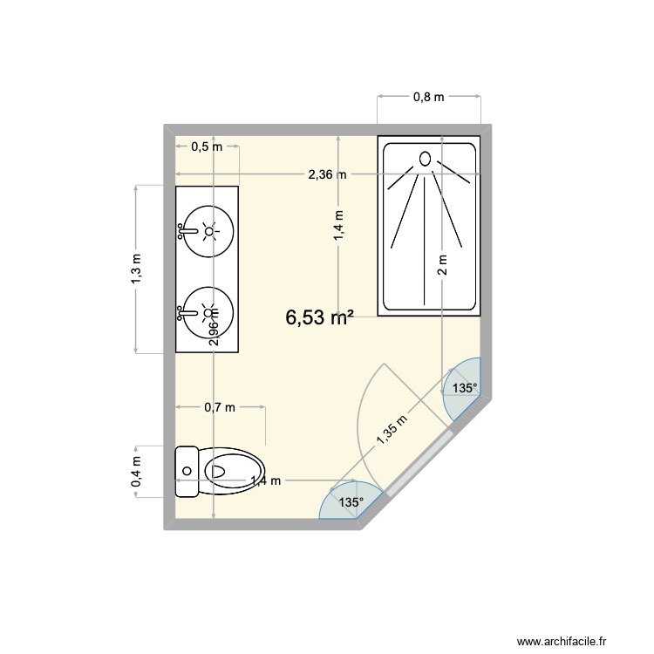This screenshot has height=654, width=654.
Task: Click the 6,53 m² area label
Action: (319, 319)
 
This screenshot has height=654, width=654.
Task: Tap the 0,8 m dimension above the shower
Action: (428, 98)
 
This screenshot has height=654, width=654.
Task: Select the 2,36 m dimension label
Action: (327, 174)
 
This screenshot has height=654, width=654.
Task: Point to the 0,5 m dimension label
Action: (207, 146)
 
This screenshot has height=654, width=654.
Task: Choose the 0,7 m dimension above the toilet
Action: (220, 406)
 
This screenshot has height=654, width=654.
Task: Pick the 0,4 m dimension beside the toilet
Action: (137, 473)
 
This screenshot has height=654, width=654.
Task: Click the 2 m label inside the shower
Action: (442, 264)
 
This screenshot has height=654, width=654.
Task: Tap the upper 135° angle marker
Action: (464, 389)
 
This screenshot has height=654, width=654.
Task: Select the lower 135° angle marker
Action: (351, 502)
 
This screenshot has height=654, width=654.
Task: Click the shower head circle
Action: (426, 159)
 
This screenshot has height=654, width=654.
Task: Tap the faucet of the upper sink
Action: (185, 231)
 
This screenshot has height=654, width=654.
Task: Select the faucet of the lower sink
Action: (185, 311)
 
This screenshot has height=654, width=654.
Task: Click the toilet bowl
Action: (233, 471)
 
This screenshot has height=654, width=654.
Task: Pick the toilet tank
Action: (185, 471)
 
